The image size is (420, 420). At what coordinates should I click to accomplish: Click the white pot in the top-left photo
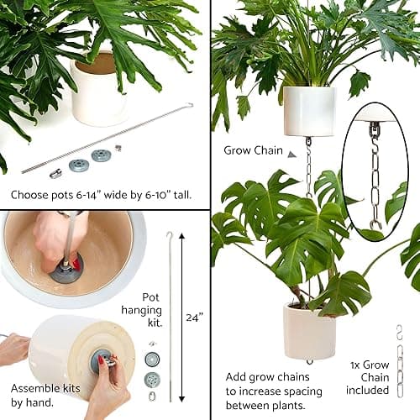(98, 91)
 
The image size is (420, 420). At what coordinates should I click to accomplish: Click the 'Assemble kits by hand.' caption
(41, 395)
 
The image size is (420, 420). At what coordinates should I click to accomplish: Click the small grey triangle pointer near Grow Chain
(291, 155)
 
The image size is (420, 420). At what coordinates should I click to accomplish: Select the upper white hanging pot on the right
(309, 110)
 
